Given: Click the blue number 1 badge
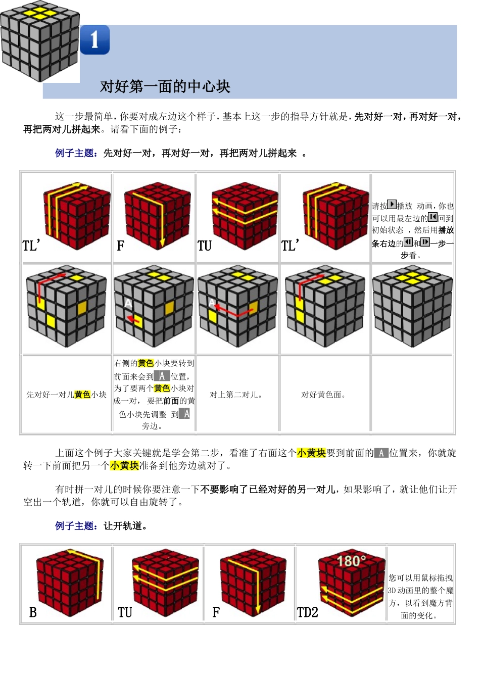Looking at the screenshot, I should pyautogui.click(x=94, y=39).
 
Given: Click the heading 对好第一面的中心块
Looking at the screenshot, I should pyautogui.click(x=165, y=86).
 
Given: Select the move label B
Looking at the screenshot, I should pyautogui.click(x=33, y=612).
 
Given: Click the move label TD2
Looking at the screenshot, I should pyautogui.click(x=307, y=612).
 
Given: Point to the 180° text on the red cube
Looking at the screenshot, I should pyautogui.click(x=351, y=561).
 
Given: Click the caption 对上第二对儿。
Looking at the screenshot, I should pyautogui.click(x=236, y=395).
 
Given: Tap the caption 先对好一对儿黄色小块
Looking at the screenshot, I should pyautogui.click(x=66, y=395).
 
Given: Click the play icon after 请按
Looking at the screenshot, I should pyautogui.click(x=392, y=205).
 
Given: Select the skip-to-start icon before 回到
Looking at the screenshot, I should pyautogui.click(x=433, y=217).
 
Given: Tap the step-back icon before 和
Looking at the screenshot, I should pyautogui.click(x=408, y=242).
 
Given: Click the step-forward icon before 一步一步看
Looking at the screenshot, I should pyautogui.click(x=425, y=242).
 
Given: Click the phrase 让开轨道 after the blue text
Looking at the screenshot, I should pyautogui.click(x=125, y=526).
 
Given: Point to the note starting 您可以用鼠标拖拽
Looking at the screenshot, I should pyautogui.click(x=420, y=596).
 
